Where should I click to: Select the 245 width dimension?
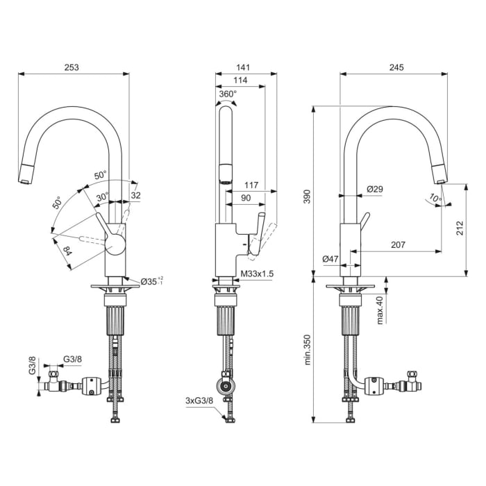point(396,67)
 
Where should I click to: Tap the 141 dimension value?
point(242,67)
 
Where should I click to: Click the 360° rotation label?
point(228,94)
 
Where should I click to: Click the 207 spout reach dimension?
point(398,244)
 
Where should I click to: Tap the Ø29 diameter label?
point(375,189)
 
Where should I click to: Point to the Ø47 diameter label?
point(330,260)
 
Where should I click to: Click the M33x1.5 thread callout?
point(258,274)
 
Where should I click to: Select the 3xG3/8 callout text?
point(200,401)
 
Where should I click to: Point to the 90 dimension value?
point(246,198)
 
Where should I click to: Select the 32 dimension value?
point(135,196)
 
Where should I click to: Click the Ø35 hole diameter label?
point(151,281)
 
